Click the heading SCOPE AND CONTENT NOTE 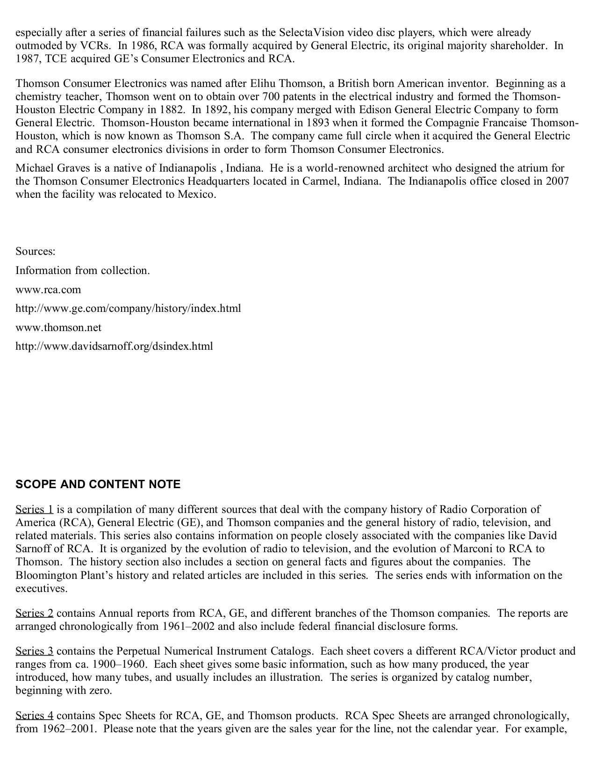[x=98, y=484]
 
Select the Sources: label [x=36, y=252]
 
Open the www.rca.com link [x=48, y=290]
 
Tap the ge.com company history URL [x=128, y=309]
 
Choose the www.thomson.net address [x=58, y=328]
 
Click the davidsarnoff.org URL [x=114, y=346]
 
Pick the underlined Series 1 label [x=34, y=510]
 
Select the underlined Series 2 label [x=34, y=613]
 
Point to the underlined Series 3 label [x=34, y=651]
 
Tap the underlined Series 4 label [x=34, y=716]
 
